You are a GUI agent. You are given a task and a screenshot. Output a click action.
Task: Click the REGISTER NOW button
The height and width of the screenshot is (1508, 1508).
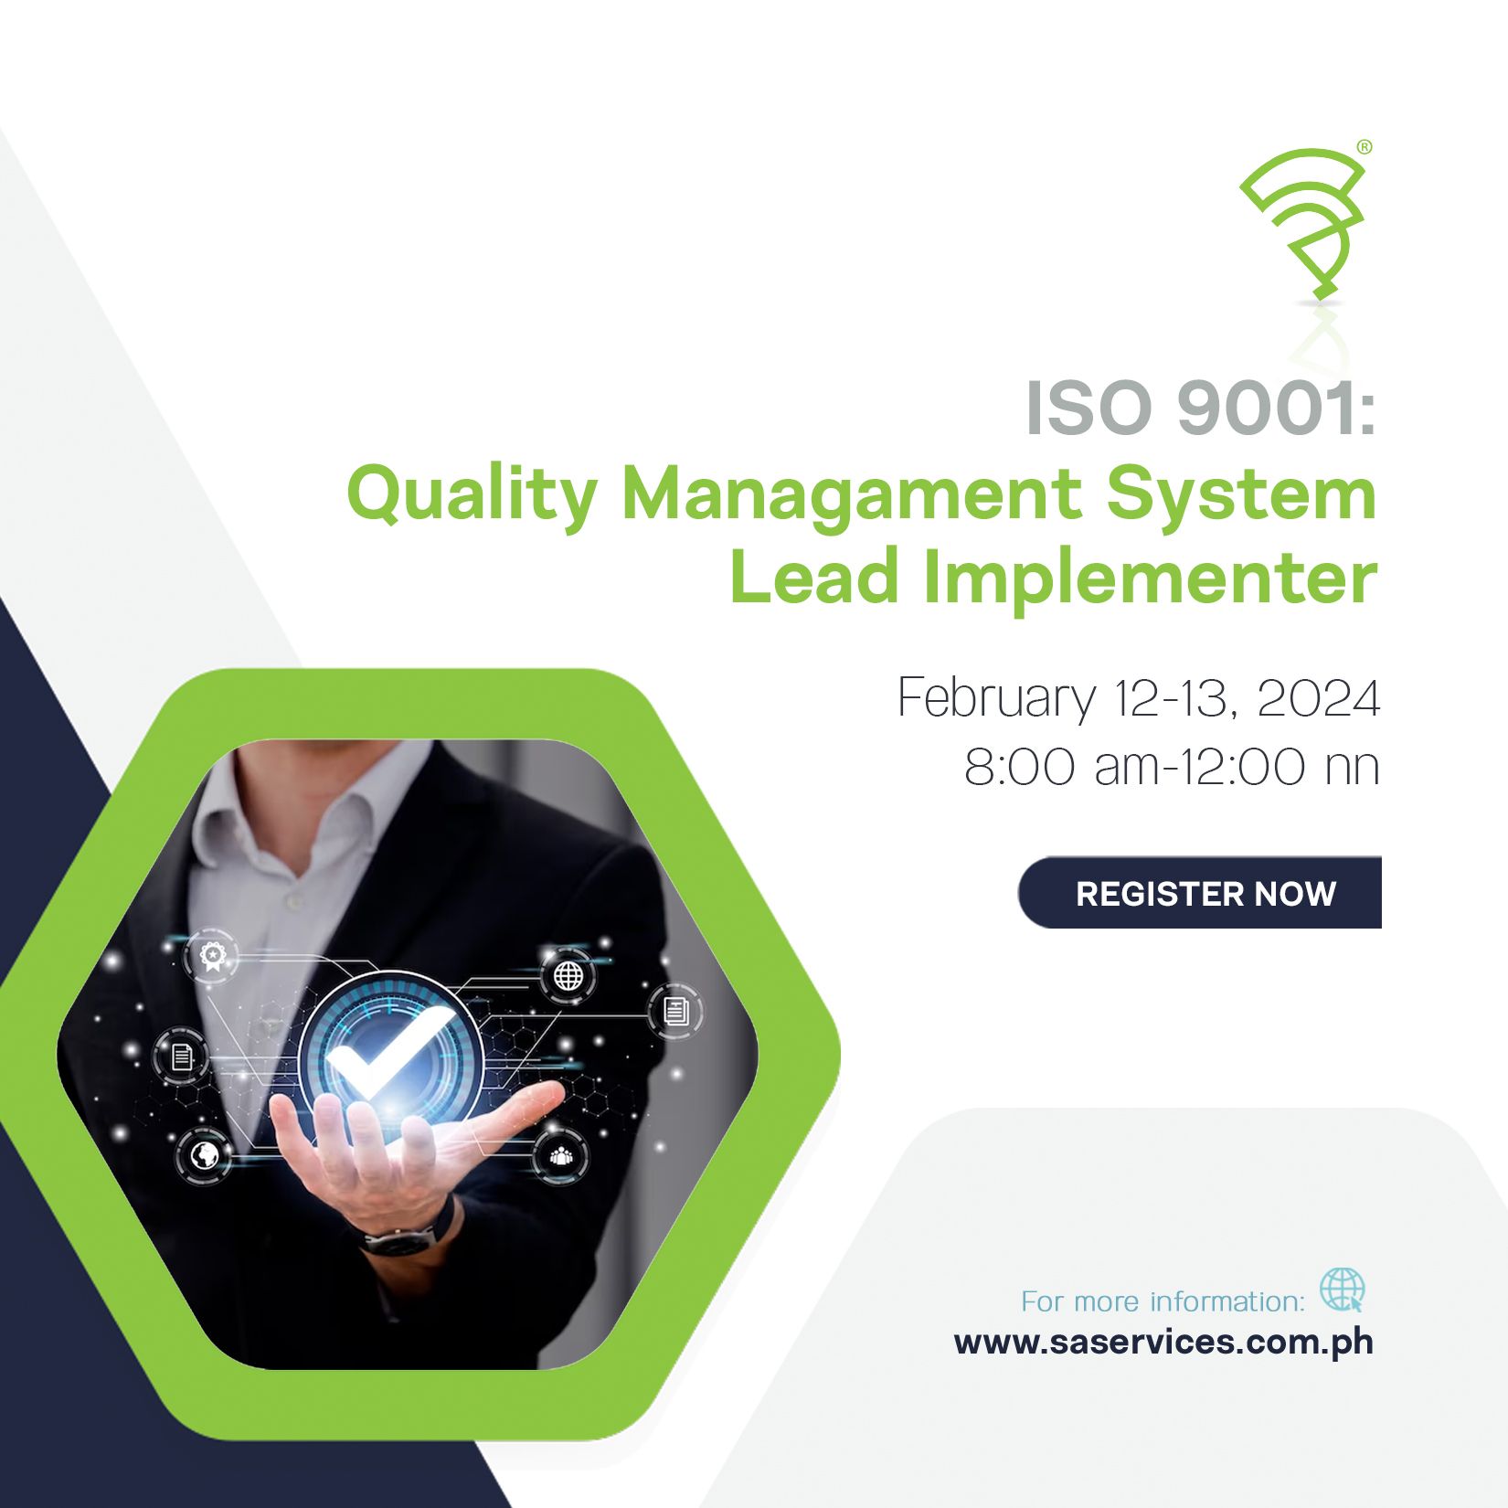[1200, 893]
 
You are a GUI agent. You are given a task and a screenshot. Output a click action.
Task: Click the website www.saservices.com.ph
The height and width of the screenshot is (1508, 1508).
[1163, 1343]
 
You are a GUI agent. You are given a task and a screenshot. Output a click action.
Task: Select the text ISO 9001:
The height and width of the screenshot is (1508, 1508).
[1201, 408]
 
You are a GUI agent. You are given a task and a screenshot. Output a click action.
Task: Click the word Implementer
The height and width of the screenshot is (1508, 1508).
[1150, 580]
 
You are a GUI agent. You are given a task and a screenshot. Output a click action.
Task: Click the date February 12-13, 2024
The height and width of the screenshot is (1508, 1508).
[1139, 699]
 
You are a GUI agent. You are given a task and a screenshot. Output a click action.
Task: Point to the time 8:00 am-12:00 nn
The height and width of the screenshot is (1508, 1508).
[1172, 766]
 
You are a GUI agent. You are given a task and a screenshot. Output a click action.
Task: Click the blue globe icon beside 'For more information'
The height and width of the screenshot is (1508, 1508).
[1342, 1290]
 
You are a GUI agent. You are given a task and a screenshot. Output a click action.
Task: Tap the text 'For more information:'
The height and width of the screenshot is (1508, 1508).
[1163, 1301]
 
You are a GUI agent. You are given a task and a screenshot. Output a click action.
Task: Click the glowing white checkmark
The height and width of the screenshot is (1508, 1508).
[389, 1052]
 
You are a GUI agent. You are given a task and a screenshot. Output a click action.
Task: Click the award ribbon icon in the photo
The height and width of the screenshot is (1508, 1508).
[212, 956]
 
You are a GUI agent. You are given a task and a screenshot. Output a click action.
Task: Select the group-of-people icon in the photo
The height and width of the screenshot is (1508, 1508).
[560, 1156]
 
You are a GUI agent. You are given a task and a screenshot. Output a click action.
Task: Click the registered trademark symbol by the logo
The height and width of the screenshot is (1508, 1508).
[1364, 146]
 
